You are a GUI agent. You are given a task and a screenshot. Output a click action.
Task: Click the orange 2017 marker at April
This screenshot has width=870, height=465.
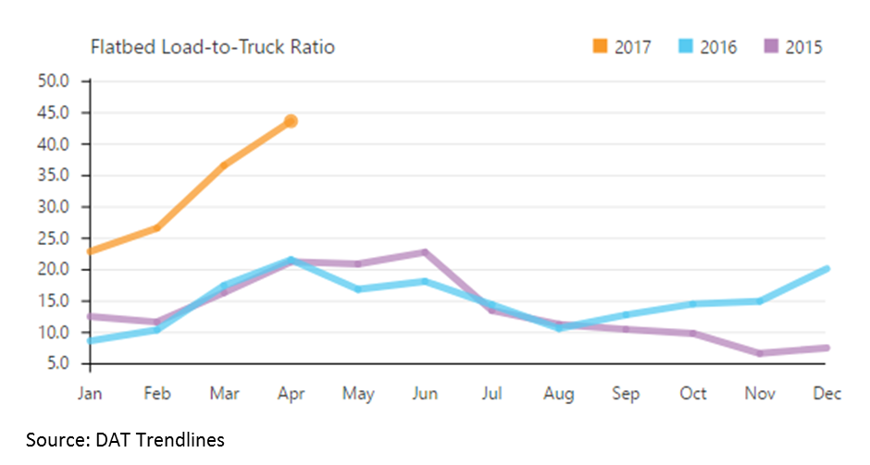point(291,121)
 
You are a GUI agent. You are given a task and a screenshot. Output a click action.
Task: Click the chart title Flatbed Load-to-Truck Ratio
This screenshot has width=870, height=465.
point(212,47)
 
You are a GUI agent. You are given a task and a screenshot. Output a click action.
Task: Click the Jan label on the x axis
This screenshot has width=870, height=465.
point(90,393)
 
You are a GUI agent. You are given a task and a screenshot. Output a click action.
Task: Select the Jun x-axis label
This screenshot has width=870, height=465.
point(425,393)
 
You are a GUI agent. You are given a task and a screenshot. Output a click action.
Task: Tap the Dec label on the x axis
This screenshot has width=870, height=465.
point(826,393)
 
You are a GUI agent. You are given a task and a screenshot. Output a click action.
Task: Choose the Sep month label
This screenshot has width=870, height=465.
point(626,393)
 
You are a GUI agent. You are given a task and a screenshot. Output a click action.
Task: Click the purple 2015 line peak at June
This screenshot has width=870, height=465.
point(425,251)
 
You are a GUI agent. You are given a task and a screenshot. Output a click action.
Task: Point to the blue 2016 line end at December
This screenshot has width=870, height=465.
point(826,269)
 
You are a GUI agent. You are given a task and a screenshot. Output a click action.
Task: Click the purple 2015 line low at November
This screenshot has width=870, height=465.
point(759,353)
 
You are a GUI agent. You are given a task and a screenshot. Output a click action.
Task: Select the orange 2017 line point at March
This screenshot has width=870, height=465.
point(224,165)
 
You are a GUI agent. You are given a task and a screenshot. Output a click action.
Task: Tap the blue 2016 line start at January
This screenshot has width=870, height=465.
point(91,340)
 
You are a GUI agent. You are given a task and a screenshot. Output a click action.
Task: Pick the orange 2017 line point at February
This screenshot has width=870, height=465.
point(157,227)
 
